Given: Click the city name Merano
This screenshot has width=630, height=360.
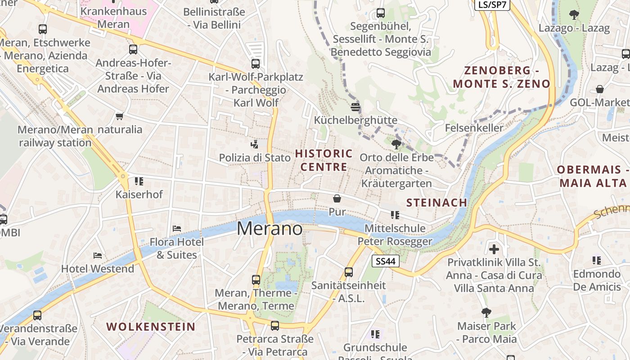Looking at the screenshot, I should click(270, 229).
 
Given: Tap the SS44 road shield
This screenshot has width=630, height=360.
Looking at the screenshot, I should click(386, 261).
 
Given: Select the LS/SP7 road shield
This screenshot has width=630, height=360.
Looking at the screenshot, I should click(492, 4).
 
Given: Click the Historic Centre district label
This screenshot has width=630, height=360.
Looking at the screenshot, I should click(324, 160).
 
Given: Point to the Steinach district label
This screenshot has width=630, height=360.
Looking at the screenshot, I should click(436, 202).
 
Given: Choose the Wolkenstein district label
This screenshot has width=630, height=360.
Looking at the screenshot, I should click(151, 327).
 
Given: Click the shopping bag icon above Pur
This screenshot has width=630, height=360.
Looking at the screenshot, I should click(337, 198).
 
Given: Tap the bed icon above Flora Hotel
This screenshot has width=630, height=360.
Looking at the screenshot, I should click(177, 229).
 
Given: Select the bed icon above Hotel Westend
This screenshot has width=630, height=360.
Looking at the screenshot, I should click(98, 256).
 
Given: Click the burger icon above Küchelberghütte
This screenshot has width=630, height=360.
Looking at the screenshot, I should click(355, 107).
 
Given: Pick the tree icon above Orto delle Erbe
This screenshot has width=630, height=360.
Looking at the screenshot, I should click(396, 144).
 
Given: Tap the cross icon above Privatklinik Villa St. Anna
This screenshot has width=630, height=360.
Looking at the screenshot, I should click(494, 249).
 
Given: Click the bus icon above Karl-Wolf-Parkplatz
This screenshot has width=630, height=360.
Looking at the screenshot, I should click(256, 63).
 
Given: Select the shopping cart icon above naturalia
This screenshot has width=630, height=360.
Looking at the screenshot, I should click(119, 116).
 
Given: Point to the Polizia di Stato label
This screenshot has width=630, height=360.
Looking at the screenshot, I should click(255, 157).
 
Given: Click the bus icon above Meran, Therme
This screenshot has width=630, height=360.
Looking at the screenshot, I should click(256, 280).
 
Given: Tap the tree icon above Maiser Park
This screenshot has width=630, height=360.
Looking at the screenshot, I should click(486, 312).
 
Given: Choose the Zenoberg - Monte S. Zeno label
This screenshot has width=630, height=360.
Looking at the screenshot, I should click(502, 77).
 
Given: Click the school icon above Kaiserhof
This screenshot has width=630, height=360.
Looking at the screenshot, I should click(139, 181).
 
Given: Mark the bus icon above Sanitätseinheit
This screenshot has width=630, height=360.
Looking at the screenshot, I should click(349, 272).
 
